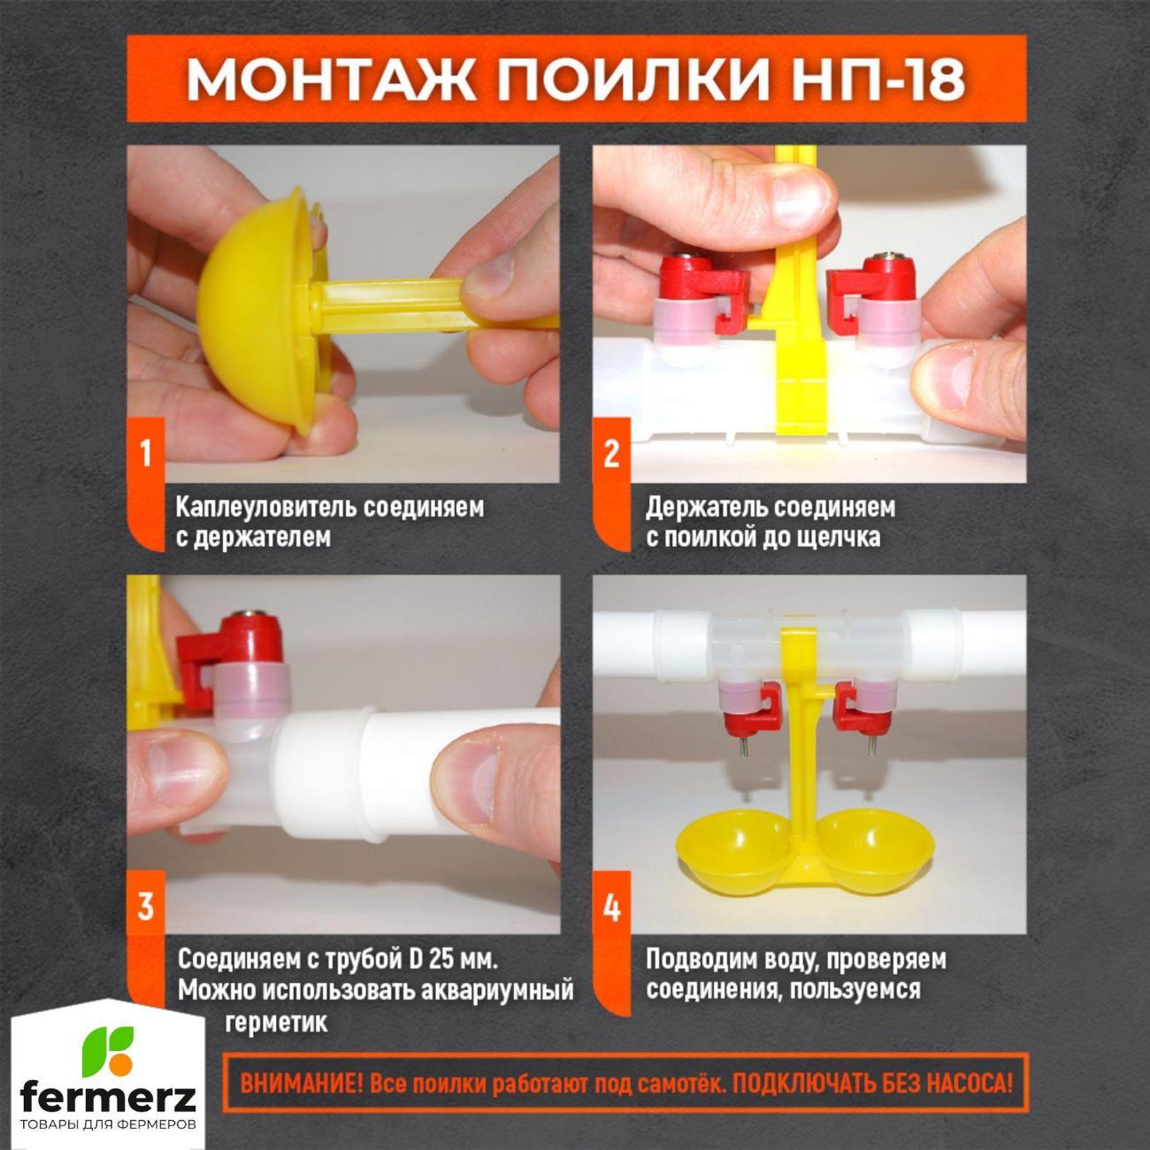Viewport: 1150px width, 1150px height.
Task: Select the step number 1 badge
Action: [x=145, y=454]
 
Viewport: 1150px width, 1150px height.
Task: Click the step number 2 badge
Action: [x=611, y=454]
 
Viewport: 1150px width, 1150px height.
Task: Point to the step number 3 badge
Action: [x=145, y=907]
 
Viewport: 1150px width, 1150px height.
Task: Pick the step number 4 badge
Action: [x=611, y=907]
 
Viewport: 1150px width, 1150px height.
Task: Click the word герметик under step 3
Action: [x=276, y=1023]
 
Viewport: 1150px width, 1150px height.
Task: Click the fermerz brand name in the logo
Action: [x=108, y=1096]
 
